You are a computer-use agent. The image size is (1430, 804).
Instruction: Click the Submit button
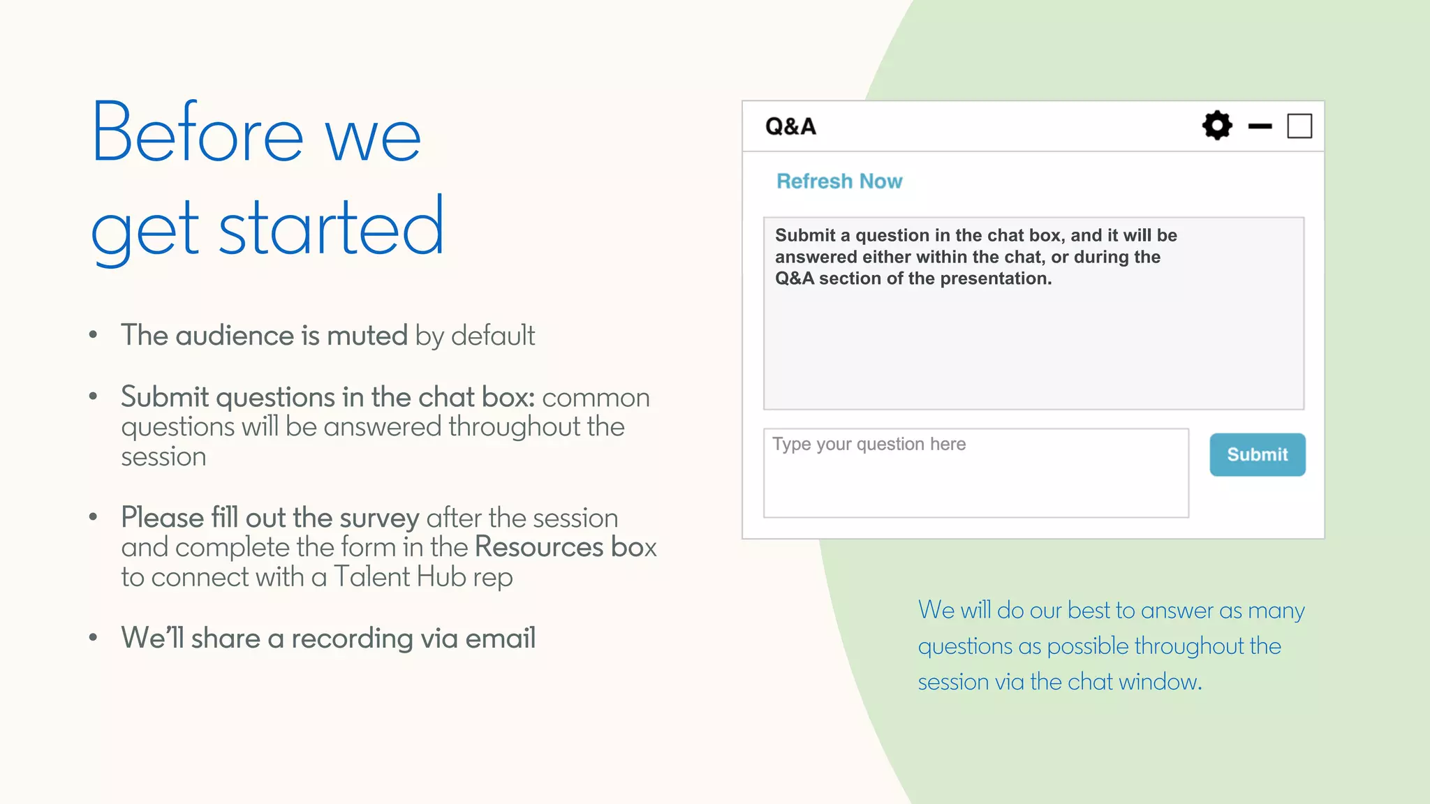[x=1257, y=454]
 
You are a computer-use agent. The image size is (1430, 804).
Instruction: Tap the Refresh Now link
[x=839, y=181]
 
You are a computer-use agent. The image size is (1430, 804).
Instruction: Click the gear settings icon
[x=1217, y=126]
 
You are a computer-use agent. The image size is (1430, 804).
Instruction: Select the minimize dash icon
[x=1260, y=126]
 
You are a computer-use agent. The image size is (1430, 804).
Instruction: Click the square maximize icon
[x=1299, y=126]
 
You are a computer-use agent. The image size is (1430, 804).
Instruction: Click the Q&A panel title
[x=790, y=126]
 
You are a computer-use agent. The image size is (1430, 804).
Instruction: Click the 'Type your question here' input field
[x=975, y=473]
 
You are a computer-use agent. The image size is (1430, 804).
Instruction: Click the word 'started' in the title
[x=331, y=228]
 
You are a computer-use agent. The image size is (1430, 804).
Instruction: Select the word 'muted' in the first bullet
[x=367, y=336]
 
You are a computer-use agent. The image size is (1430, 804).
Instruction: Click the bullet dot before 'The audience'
[x=94, y=335]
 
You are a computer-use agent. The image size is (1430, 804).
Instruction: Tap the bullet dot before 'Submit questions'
[x=94, y=396]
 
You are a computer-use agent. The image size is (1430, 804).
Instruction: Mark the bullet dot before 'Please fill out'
[x=94, y=517]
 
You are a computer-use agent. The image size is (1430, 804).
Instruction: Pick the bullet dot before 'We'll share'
[x=94, y=637]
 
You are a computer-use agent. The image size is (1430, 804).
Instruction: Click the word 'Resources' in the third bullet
[x=539, y=547]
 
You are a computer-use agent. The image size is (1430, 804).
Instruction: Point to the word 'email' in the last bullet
[x=500, y=638]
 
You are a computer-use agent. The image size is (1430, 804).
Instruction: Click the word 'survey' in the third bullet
[x=379, y=519]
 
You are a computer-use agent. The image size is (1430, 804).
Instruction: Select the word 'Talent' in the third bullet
[x=371, y=577]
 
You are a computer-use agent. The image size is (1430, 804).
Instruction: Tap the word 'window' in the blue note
[x=1159, y=682]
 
